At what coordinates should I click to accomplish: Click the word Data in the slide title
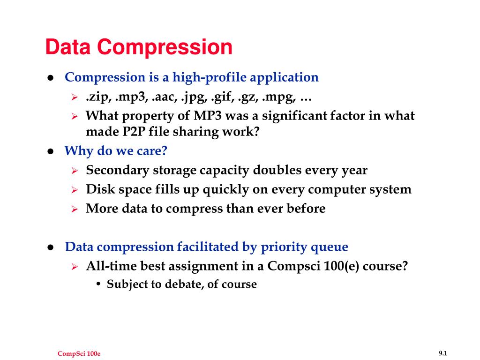coord(69,47)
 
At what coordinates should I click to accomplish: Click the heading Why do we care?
coord(115,151)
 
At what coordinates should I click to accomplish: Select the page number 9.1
coord(443,352)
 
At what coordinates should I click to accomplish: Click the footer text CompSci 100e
coord(79,353)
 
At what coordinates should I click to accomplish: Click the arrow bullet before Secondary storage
coord(74,171)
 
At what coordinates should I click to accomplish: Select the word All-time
coord(108,266)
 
